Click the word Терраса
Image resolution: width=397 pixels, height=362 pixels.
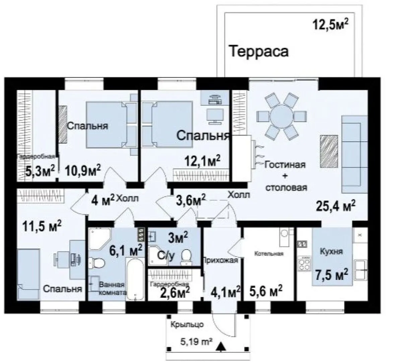pyautogui.click(x=259, y=51)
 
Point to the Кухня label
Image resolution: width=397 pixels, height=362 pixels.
pyautogui.click(x=331, y=251)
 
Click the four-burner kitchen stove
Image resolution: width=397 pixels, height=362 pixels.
pyautogui.click(x=304, y=263)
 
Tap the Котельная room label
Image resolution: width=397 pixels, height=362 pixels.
pyautogui.click(x=269, y=253)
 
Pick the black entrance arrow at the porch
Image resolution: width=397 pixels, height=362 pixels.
pyautogui.click(x=221, y=347)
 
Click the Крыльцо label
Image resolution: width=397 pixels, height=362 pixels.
pyautogui.click(x=187, y=324)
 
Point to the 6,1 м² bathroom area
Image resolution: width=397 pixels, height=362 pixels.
pyautogui.click(x=125, y=250)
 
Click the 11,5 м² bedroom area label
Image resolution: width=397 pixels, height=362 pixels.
pyautogui.click(x=42, y=226)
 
